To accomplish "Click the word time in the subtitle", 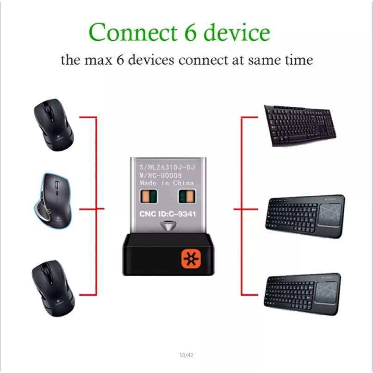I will click(298, 60).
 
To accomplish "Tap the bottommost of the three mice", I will click(52, 287).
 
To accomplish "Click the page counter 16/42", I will click(186, 355).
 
